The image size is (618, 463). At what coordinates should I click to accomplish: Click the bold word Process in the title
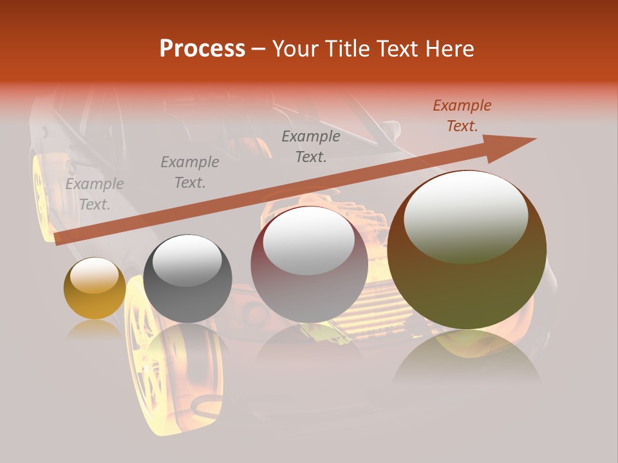point(202,49)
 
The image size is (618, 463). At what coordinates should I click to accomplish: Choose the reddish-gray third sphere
point(309,265)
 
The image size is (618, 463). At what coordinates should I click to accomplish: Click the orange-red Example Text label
point(462,116)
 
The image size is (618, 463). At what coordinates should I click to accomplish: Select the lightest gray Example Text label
point(95,194)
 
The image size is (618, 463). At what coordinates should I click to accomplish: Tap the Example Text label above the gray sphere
point(189,172)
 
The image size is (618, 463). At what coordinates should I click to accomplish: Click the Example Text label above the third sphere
point(310,147)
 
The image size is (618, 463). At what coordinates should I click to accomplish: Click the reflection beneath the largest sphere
point(467,360)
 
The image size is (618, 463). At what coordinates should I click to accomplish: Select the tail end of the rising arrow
point(59,239)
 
